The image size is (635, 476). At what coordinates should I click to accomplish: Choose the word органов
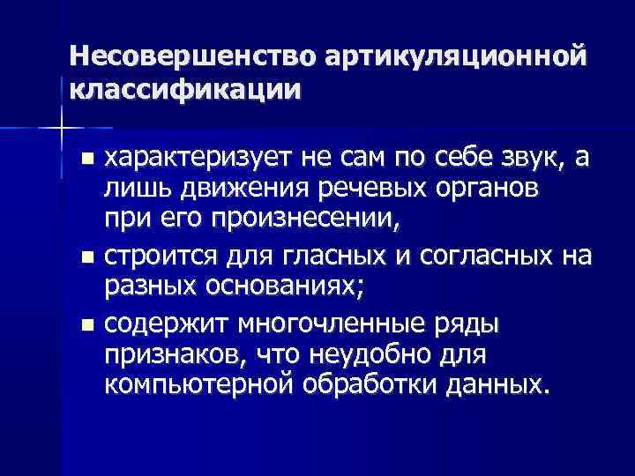[x=491, y=191]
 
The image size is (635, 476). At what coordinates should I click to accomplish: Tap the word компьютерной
[x=190, y=388]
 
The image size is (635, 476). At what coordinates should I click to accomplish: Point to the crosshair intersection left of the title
[x=61, y=128]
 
